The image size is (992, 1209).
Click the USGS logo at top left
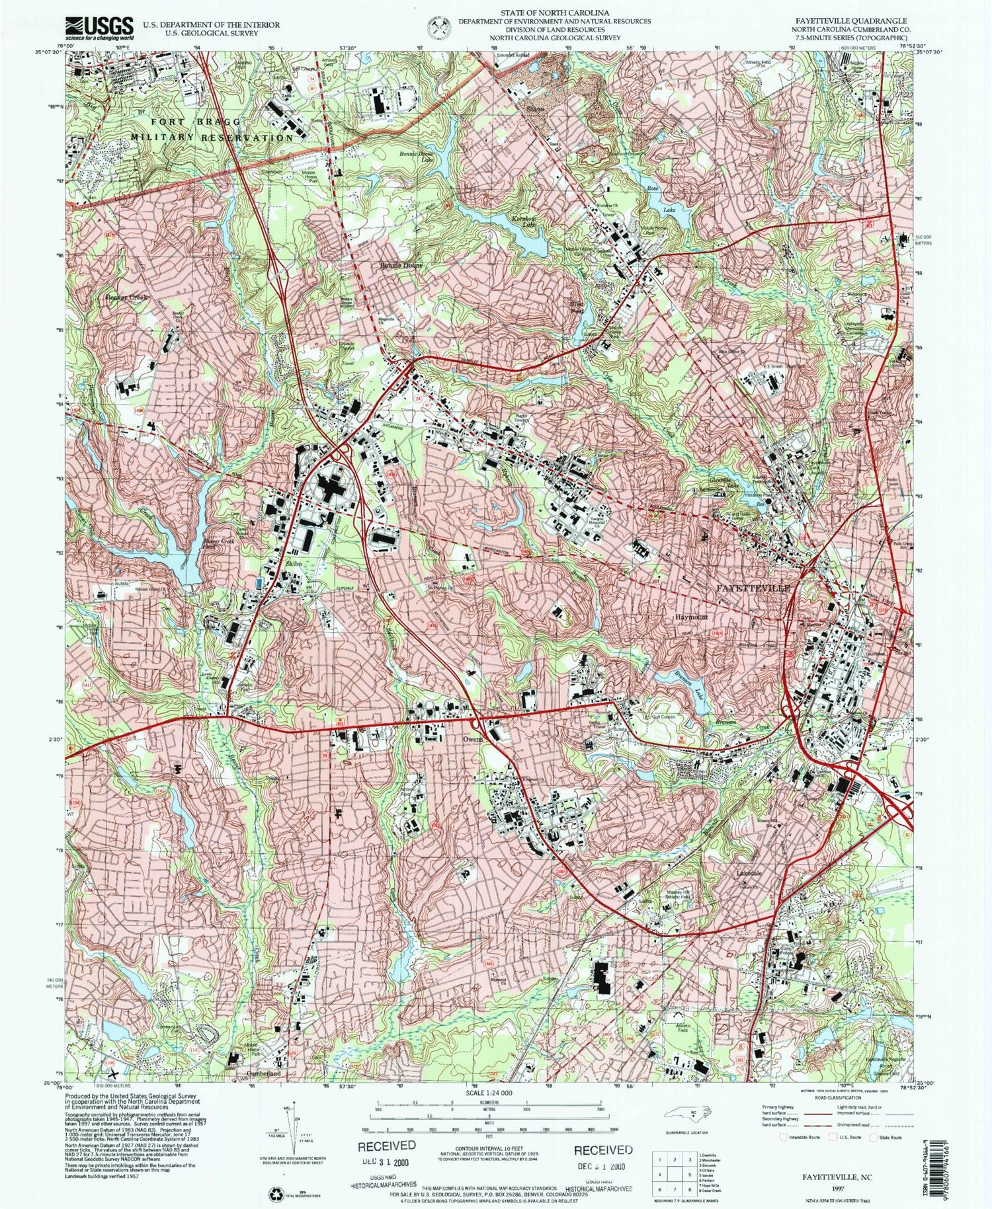coord(99,27)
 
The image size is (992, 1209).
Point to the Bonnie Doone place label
coord(400,265)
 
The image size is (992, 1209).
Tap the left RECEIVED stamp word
coord(387,1145)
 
